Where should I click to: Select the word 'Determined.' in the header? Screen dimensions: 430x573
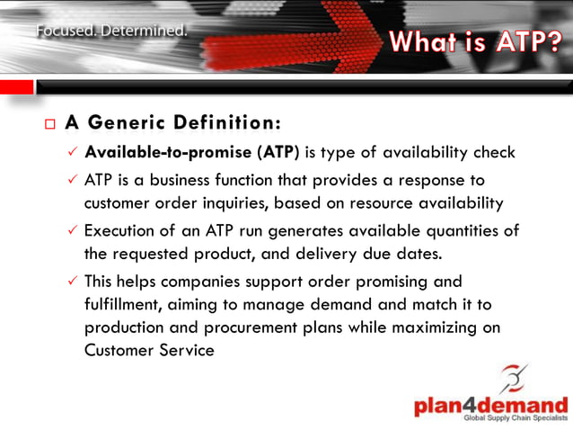pos(144,31)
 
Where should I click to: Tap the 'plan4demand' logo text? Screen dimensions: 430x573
pos(490,405)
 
